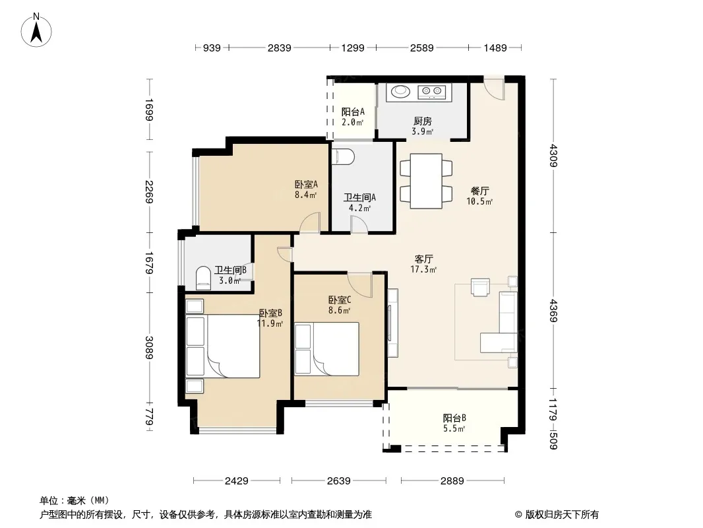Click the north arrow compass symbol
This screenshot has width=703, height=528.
36,30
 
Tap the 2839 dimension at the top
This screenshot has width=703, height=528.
280,48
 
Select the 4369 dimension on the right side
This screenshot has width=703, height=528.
553,310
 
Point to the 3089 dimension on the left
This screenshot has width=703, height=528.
150,348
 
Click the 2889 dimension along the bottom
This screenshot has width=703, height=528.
452,481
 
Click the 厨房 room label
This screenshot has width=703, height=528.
422,121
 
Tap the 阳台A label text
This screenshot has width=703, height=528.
353,112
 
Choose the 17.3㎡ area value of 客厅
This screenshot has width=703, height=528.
423,269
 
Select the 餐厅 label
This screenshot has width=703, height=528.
479,191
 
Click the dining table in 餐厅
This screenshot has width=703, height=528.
426,181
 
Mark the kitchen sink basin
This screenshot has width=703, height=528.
400,92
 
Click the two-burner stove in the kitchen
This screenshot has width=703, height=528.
432,92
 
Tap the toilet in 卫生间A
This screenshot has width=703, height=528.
343,157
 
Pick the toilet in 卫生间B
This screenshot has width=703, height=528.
204,278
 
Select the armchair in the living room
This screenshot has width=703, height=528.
480,287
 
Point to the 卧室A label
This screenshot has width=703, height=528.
306,184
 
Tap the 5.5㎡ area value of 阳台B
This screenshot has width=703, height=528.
454,428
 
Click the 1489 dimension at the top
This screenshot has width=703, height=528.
495,48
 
